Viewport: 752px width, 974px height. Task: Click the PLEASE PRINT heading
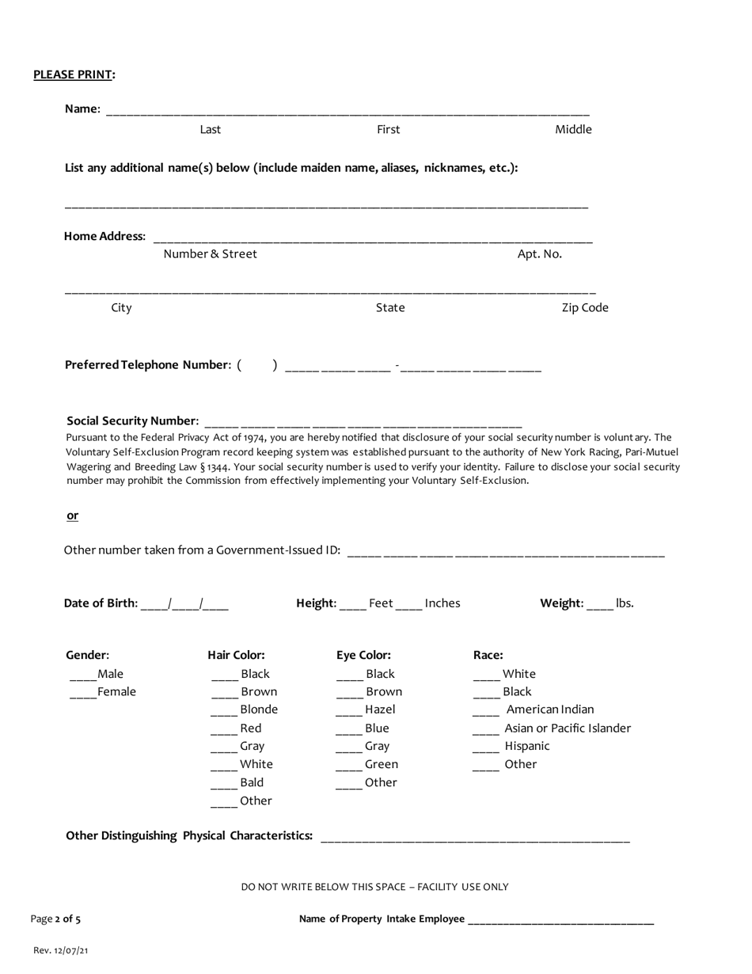[74, 74]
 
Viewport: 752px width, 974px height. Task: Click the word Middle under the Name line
[573, 130]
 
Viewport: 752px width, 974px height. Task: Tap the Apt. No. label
[539, 254]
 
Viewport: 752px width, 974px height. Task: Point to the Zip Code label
[585, 308]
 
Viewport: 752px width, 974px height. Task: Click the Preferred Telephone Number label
[148, 365]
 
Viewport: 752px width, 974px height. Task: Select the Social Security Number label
[132, 420]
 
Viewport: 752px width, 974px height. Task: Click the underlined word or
[72, 516]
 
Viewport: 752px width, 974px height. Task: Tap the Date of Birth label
[101, 603]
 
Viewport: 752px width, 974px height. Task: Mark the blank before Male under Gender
[82, 675]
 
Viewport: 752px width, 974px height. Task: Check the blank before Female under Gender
[82, 693]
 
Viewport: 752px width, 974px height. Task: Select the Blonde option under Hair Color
[258, 710]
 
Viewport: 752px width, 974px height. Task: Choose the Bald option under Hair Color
[252, 782]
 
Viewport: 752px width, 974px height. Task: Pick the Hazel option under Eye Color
[380, 710]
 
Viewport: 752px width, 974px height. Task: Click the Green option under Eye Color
[381, 764]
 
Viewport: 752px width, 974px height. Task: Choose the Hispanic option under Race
[526, 746]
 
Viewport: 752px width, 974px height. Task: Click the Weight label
[561, 603]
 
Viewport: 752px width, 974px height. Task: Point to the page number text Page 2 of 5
[55, 919]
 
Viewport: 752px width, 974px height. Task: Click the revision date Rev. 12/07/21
[61, 950]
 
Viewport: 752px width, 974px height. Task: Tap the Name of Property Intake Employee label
[382, 919]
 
